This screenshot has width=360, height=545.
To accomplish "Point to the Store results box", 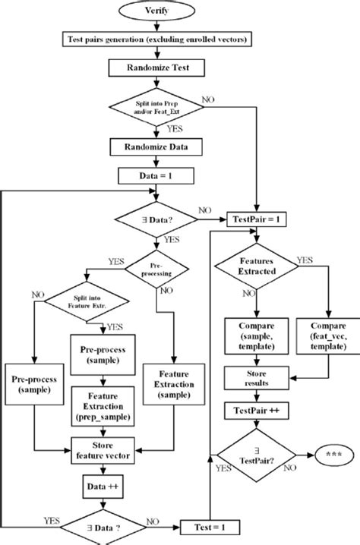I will tap(255, 377).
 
